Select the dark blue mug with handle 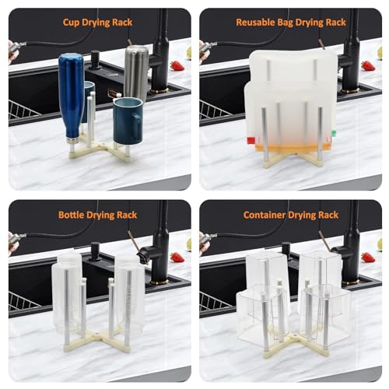coord(128,121)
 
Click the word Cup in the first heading coord(71,23)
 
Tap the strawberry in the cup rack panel coord(177,65)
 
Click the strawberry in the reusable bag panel coord(368,65)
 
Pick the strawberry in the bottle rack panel coord(177,258)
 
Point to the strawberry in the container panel coord(368,258)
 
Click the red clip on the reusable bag coord(251,141)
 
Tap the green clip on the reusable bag coord(334,133)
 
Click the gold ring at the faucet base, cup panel coord(159,91)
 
